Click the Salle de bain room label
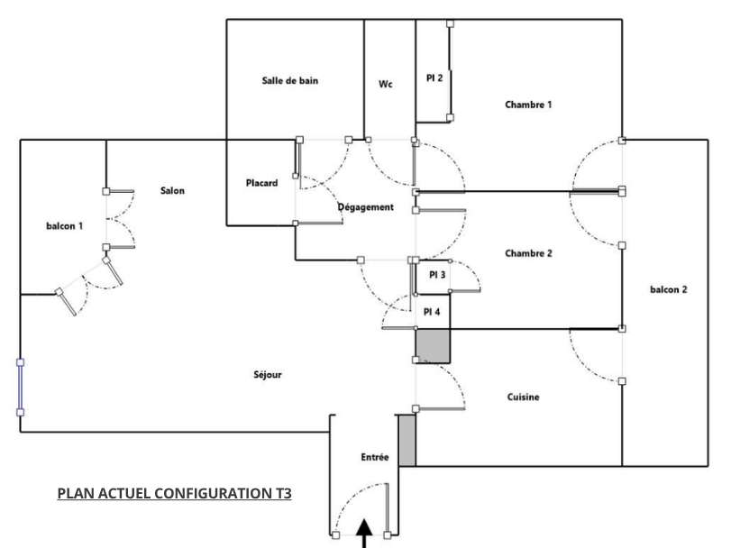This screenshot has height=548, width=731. [x=289, y=81]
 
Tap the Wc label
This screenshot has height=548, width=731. [x=386, y=85]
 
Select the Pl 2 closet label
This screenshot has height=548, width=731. [x=434, y=78]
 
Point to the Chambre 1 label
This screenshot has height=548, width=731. [x=528, y=105]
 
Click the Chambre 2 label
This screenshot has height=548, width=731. [x=528, y=253]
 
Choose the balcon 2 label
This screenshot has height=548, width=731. [x=668, y=289]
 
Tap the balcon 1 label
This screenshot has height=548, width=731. [x=64, y=226]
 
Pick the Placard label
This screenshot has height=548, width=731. [x=261, y=183]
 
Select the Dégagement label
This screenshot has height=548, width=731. [x=366, y=207]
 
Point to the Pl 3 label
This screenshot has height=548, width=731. [x=437, y=275]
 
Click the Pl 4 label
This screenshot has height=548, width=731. [x=432, y=312]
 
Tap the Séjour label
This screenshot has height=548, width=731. [x=268, y=375]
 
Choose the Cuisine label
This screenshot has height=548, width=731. [x=523, y=397]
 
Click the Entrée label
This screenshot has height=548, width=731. [x=375, y=458]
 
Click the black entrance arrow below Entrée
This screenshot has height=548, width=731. [x=364, y=533]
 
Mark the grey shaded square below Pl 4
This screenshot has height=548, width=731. [x=432, y=345]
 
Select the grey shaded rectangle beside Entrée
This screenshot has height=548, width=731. [x=407, y=441]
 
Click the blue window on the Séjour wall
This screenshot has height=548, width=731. [x=20, y=388]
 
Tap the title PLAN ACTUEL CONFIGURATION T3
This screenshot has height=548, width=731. [x=174, y=494]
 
